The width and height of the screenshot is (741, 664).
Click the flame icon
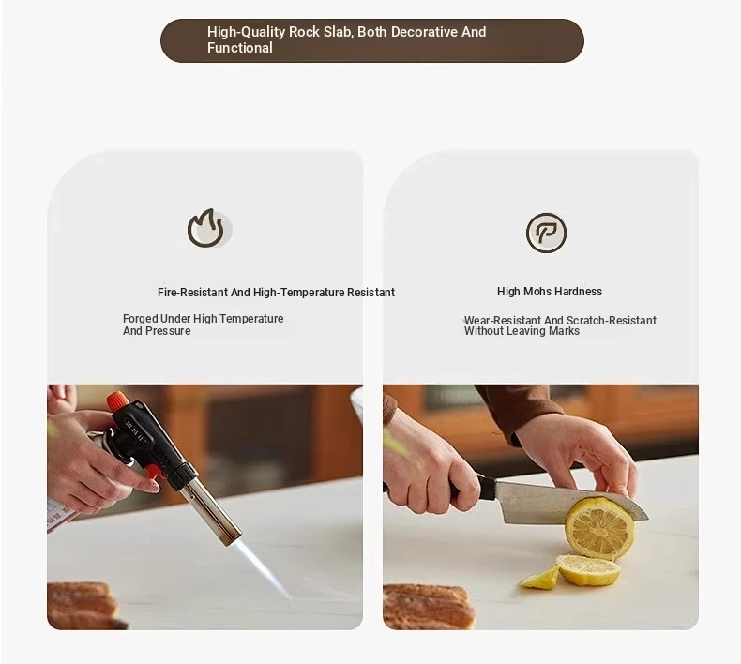(x=206, y=228)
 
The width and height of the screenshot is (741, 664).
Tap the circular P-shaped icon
(x=546, y=233)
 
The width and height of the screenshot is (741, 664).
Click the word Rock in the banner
(x=304, y=32)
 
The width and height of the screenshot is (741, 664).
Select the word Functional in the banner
(x=239, y=48)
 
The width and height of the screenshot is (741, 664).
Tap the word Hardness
(x=578, y=292)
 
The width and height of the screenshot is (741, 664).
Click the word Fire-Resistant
(x=192, y=293)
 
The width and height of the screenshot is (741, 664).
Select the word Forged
(x=140, y=319)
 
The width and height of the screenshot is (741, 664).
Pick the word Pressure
(x=169, y=331)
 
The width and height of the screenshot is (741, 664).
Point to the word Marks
(x=564, y=331)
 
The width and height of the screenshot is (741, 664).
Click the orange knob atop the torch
(x=117, y=401)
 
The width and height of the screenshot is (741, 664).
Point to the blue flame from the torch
(x=264, y=568)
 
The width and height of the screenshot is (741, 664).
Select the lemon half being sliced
(x=600, y=527)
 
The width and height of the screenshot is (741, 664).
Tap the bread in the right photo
(x=428, y=607)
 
